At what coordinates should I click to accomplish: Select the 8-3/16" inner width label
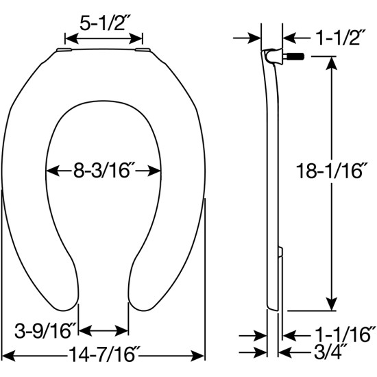coord(103,170)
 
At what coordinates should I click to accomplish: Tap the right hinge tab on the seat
coord(145,50)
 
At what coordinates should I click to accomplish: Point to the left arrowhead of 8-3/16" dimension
coord(49,170)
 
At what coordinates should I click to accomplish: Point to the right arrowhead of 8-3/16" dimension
coord(158,170)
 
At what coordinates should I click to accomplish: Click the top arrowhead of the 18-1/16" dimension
coord(332,60)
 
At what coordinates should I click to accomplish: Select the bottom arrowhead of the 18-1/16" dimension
coord(332,306)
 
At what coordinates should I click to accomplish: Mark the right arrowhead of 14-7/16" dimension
coord(202,356)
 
